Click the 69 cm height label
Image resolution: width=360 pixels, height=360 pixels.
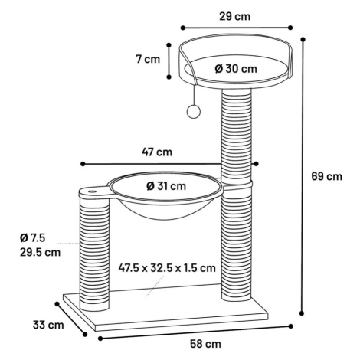(326, 176)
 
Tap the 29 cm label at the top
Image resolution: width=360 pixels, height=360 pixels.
(235, 16)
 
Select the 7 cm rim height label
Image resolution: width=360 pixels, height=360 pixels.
(148, 59)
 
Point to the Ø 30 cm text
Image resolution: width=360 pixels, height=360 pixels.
(236, 69)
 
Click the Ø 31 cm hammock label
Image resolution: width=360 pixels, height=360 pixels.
(166, 186)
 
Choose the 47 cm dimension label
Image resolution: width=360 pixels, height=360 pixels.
(157, 152)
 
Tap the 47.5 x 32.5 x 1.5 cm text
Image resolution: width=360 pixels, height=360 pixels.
(167, 268)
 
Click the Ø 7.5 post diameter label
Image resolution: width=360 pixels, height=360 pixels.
(32, 237)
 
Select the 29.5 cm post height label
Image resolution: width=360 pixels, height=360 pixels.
(41, 252)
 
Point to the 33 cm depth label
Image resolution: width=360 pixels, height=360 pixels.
(48, 325)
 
